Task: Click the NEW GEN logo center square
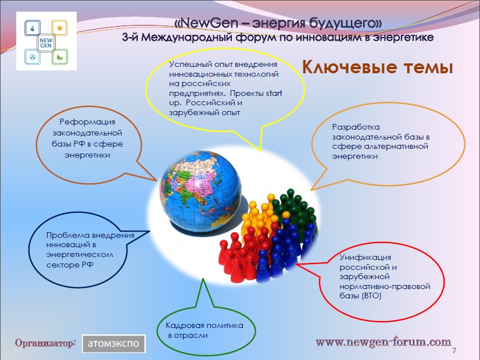[46, 42]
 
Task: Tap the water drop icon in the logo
[33, 28]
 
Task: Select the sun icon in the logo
[59, 28]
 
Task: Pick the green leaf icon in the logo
[59, 57]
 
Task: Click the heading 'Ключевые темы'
[378, 67]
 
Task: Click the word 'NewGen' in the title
[211, 23]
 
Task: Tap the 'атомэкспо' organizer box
[113, 344]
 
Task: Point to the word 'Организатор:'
[45, 343]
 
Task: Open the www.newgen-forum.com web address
[384, 342]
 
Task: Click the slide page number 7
[454, 351]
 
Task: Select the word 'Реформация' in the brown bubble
[88, 122]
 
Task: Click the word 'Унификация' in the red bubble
[365, 258]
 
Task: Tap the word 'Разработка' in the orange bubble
[356, 127]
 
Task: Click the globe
[200, 191]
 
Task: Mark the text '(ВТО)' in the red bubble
[372, 296]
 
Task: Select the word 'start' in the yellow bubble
[274, 93]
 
